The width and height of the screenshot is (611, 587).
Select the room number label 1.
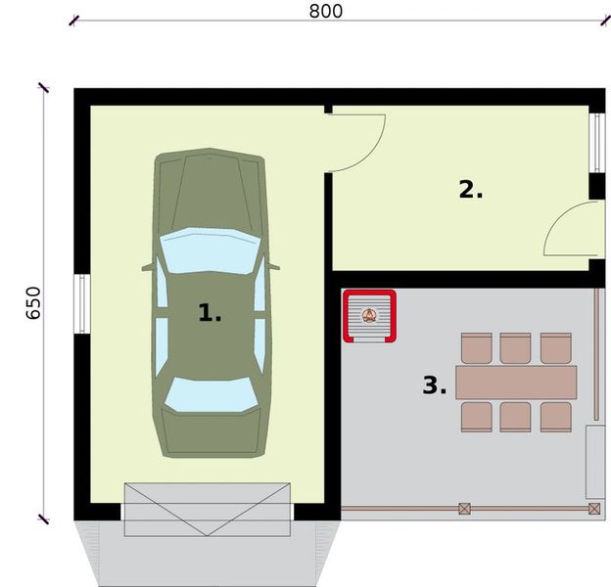coord(210,313)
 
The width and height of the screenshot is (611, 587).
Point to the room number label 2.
coord(471,190)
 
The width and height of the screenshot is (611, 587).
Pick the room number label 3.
coord(434,385)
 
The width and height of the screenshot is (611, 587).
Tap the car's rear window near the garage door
coord(211,394)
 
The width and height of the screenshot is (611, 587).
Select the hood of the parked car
coord(210,191)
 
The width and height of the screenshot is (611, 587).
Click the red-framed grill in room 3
coord(369,316)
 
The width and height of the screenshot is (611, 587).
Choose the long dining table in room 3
coord(516,382)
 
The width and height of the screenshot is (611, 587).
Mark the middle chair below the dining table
coord(515,416)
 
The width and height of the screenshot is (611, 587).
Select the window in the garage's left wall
coord(82,304)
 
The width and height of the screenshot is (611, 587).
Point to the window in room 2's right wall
coord(594,144)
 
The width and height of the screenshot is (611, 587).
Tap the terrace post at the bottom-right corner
coord(593,508)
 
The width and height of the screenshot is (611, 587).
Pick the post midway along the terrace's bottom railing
coord(464,508)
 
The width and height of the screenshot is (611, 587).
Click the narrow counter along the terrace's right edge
coord(593,461)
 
